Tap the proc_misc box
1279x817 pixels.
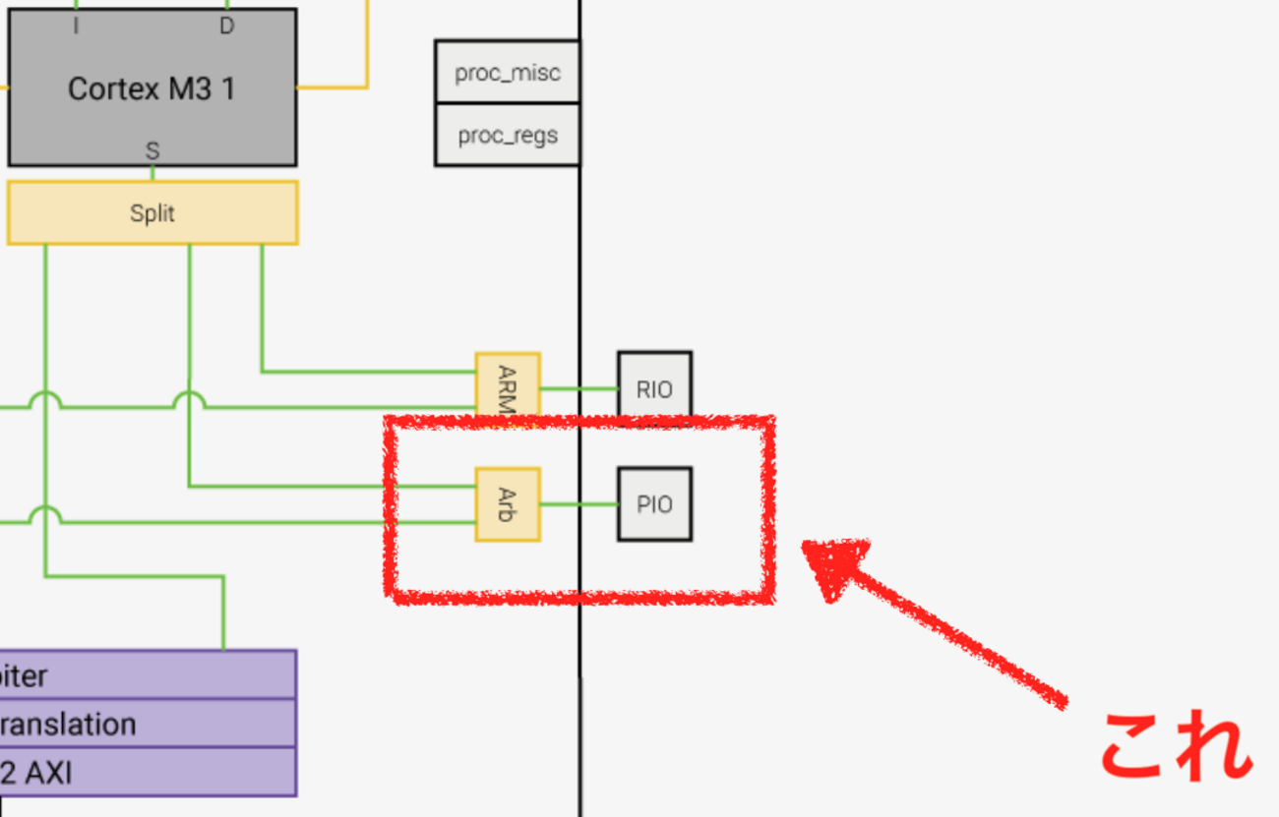pos(507,72)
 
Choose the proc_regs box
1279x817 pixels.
pos(507,135)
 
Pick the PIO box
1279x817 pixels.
pos(654,504)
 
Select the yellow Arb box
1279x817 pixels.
pos(508,504)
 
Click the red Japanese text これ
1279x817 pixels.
pos(1176,744)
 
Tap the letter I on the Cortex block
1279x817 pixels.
pos(77,27)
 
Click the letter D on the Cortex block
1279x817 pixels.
pos(226,27)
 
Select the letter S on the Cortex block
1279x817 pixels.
pos(152,151)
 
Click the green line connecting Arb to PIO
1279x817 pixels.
pos(579,505)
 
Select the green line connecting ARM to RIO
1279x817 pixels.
pos(579,388)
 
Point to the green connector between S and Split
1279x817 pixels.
pos(152,173)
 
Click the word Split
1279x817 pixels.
pos(152,212)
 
